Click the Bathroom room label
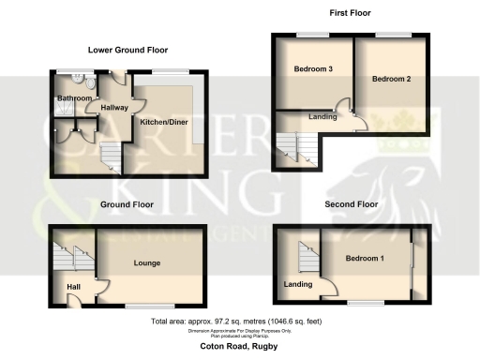[x=75, y=98]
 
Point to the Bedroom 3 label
[x=313, y=69]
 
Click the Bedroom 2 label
[x=391, y=79]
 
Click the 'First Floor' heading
[x=350, y=13]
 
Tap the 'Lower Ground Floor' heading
[x=122, y=49]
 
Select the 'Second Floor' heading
[x=352, y=203]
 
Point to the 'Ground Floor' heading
[x=127, y=203]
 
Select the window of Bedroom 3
[x=313, y=35]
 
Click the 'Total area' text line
[x=240, y=322]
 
